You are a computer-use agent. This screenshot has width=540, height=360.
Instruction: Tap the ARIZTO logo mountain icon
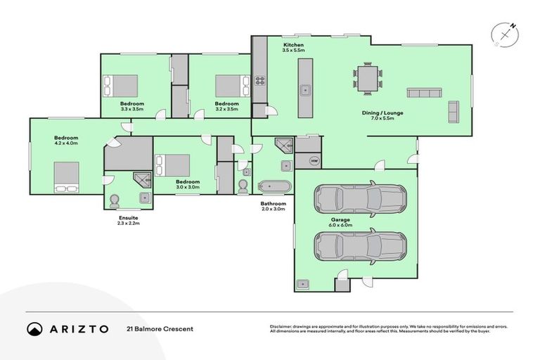click(x=34, y=329)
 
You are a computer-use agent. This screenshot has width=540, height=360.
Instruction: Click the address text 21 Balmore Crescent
click(x=160, y=329)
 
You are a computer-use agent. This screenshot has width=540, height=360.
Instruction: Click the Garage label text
click(x=342, y=219)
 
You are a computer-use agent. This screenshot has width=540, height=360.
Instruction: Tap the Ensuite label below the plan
click(x=129, y=217)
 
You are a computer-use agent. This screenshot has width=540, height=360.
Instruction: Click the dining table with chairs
click(x=368, y=77)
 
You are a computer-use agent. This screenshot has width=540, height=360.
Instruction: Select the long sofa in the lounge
click(x=424, y=93)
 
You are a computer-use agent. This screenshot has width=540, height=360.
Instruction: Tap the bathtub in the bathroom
click(x=274, y=186)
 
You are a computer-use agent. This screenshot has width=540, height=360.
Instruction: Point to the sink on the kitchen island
click(x=306, y=89)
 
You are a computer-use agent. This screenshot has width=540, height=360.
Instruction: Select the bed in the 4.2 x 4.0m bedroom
click(x=67, y=176)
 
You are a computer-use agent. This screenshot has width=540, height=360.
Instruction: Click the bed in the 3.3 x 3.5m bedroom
click(x=121, y=86)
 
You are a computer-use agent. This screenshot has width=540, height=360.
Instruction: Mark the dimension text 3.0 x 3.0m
click(x=188, y=187)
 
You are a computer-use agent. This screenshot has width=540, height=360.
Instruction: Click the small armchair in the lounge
click(x=453, y=111)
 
